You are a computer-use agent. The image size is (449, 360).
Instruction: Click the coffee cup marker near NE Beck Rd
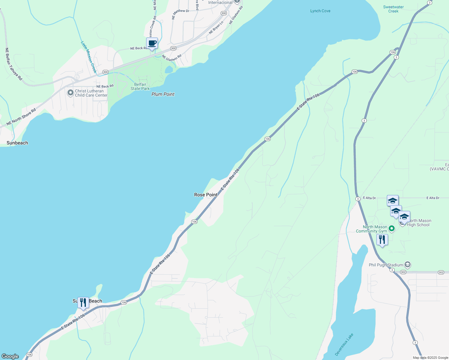click(x=152, y=43)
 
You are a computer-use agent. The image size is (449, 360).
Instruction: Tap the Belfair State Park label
click(x=140, y=86)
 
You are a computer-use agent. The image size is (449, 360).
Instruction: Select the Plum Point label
click(x=163, y=94)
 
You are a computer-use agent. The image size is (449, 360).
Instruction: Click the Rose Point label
click(x=206, y=195)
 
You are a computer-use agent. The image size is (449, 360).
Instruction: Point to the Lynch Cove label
click(x=320, y=11)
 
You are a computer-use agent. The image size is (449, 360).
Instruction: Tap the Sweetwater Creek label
click(x=393, y=9)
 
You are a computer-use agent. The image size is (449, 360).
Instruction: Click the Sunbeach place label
click(x=17, y=143)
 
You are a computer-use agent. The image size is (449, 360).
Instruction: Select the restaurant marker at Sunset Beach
click(x=83, y=303)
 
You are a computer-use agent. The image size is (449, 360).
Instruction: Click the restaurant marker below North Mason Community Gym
click(x=382, y=240)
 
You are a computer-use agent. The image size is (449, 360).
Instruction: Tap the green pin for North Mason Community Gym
click(x=392, y=229)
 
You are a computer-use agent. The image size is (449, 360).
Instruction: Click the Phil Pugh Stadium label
click(x=386, y=265)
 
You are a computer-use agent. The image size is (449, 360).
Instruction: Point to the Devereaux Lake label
click(x=344, y=344)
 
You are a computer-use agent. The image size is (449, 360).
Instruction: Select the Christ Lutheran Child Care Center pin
click(x=71, y=93)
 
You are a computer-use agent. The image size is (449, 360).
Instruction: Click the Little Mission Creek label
click(x=89, y=57)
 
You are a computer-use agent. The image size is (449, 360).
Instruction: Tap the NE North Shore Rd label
click(x=21, y=117)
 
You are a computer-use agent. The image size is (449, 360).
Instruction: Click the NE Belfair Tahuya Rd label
click(x=14, y=64)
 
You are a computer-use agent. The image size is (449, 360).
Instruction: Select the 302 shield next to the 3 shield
click(x=403, y=272)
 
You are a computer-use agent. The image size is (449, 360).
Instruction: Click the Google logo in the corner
click(x=10, y=356)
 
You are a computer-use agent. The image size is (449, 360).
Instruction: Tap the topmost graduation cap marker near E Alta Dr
click(x=393, y=201)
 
